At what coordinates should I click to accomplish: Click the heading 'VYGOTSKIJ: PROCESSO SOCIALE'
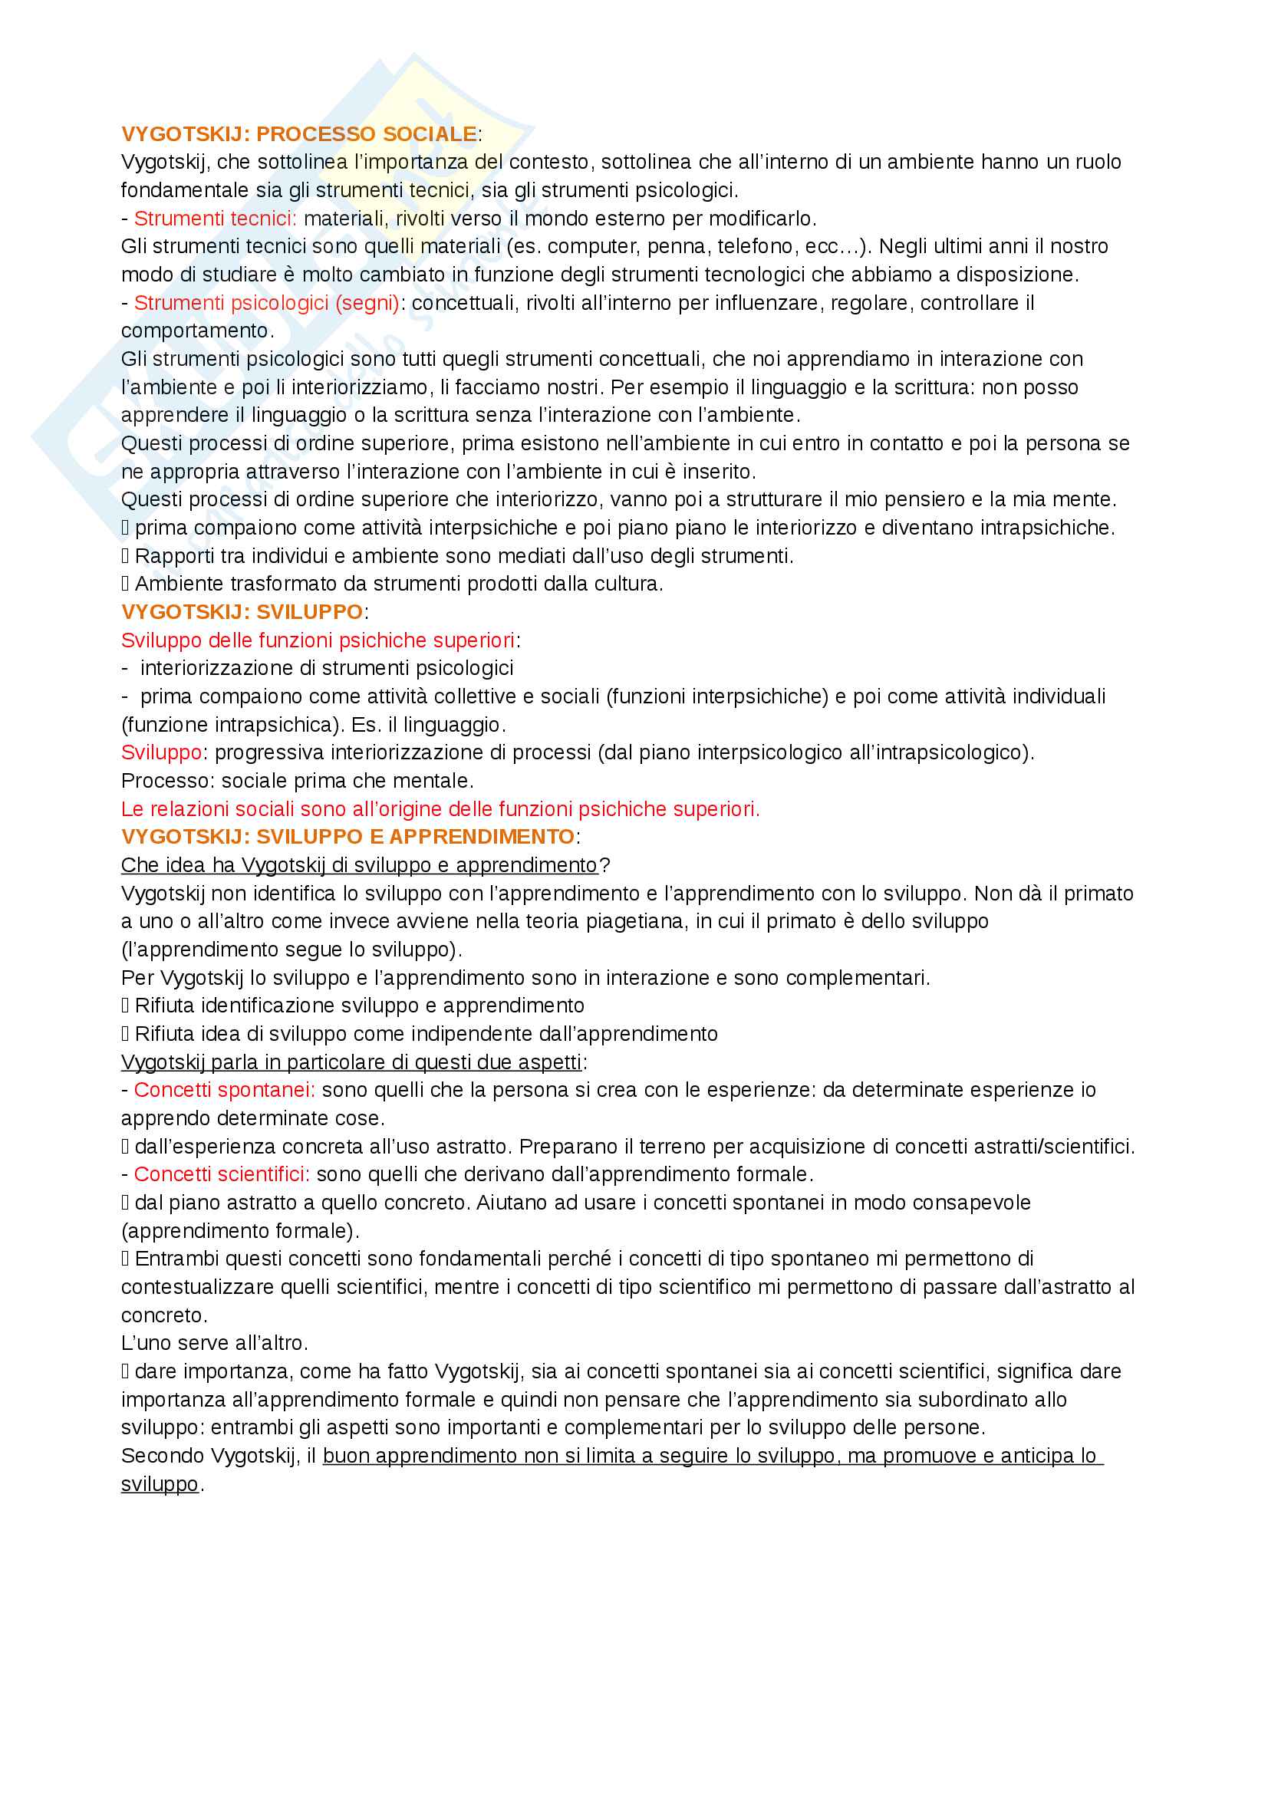point(298,134)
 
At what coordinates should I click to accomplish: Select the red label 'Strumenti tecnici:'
point(215,219)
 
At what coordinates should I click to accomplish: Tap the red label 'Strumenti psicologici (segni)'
point(266,303)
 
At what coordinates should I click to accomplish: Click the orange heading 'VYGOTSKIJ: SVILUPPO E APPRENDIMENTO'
point(347,837)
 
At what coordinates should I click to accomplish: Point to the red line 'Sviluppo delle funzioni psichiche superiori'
point(318,640)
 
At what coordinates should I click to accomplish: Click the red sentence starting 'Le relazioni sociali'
point(440,809)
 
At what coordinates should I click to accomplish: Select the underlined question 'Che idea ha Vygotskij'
point(358,866)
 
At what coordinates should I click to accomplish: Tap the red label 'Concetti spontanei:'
point(224,1090)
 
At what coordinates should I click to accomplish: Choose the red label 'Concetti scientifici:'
point(222,1174)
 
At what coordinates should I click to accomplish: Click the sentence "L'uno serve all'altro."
point(214,1343)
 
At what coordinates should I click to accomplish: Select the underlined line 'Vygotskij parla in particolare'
point(351,1062)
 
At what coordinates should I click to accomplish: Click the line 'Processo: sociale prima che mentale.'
point(297,782)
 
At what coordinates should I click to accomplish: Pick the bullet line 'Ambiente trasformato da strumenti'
point(398,584)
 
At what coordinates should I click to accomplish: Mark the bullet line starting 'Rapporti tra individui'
point(463,556)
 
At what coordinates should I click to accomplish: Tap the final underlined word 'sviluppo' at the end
point(160,1485)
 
